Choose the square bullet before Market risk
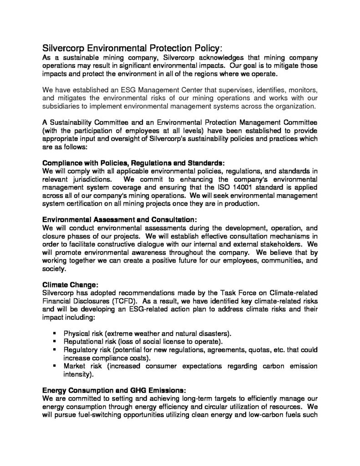click(x=55, y=366)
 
